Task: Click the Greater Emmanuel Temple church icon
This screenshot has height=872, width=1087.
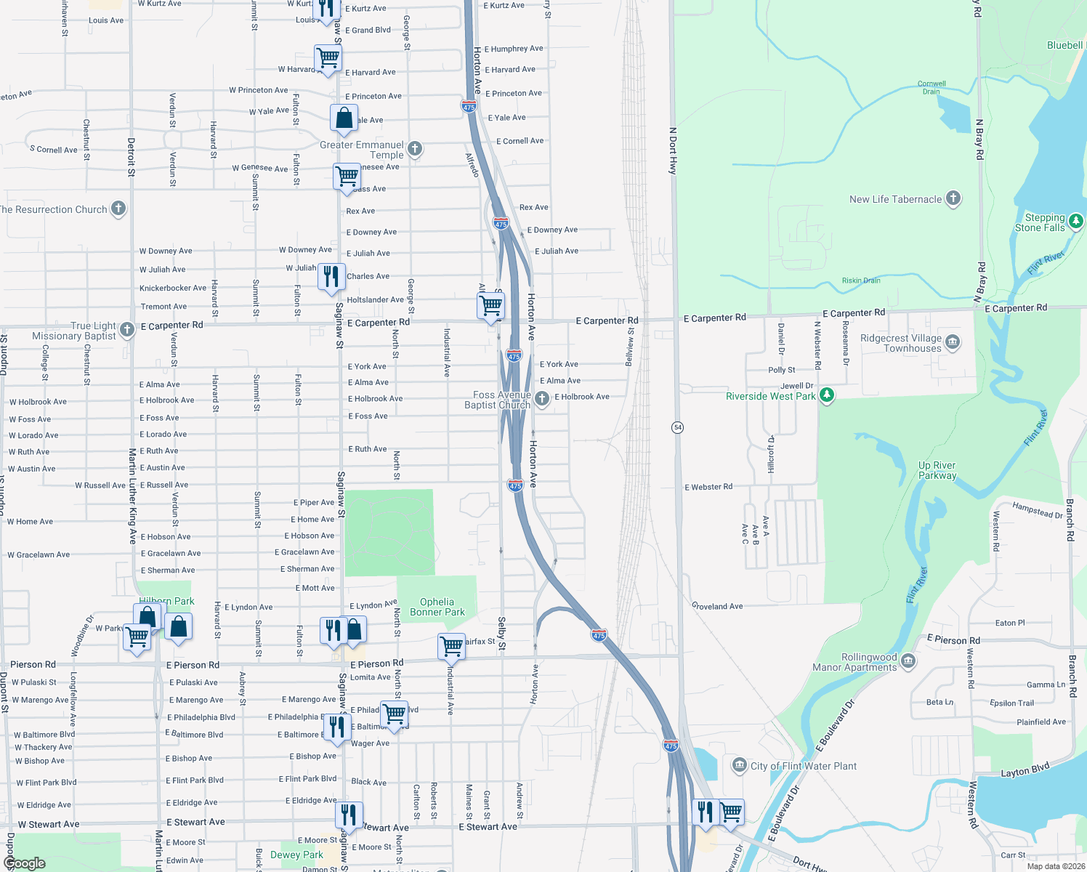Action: pyautogui.click(x=415, y=149)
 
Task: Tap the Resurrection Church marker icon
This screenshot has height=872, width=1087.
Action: pyautogui.click(x=118, y=209)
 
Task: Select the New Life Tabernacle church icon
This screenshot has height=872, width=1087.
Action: pyautogui.click(x=953, y=198)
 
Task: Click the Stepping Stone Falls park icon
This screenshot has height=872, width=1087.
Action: pyautogui.click(x=1076, y=220)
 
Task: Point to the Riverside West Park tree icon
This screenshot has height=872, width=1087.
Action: pyautogui.click(x=826, y=395)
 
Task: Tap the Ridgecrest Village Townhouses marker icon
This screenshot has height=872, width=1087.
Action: pyautogui.click(x=953, y=342)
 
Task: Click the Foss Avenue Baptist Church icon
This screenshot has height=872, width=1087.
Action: pyautogui.click(x=541, y=398)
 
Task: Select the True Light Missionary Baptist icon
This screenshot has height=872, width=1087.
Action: pyautogui.click(x=127, y=330)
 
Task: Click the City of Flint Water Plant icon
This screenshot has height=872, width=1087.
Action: pyautogui.click(x=739, y=764)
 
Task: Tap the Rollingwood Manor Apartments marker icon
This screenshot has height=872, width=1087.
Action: pyautogui.click(x=908, y=661)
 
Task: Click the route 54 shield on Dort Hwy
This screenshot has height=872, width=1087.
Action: pyautogui.click(x=677, y=427)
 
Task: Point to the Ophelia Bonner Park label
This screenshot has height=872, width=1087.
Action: pyautogui.click(x=437, y=607)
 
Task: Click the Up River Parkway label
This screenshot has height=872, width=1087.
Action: pyautogui.click(x=937, y=470)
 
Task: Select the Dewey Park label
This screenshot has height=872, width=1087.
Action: pyautogui.click(x=296, y=855)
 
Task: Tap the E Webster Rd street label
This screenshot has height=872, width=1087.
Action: pyautogui.click(x=708, y=487)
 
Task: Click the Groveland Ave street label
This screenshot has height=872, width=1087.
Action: pyautogui.click(x=717, y=606)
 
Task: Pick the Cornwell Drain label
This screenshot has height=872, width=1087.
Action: pyautogui.click(x=932, y=87)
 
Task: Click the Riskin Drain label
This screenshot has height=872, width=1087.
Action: pyautogui.click(x=861, y=280)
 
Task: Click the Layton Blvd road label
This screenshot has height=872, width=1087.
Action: pyautogui.click(x=1025, y=770)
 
